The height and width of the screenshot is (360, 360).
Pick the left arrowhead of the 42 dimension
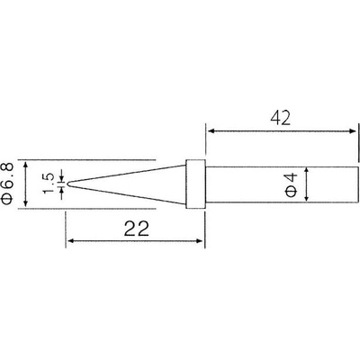click(212, 132)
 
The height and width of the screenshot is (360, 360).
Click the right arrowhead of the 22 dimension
click(205, 241)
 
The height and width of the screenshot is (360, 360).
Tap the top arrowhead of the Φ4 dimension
click(309, 169)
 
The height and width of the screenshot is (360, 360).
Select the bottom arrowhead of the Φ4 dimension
click(309, 200)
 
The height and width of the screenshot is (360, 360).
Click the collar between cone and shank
click(193, 184)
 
